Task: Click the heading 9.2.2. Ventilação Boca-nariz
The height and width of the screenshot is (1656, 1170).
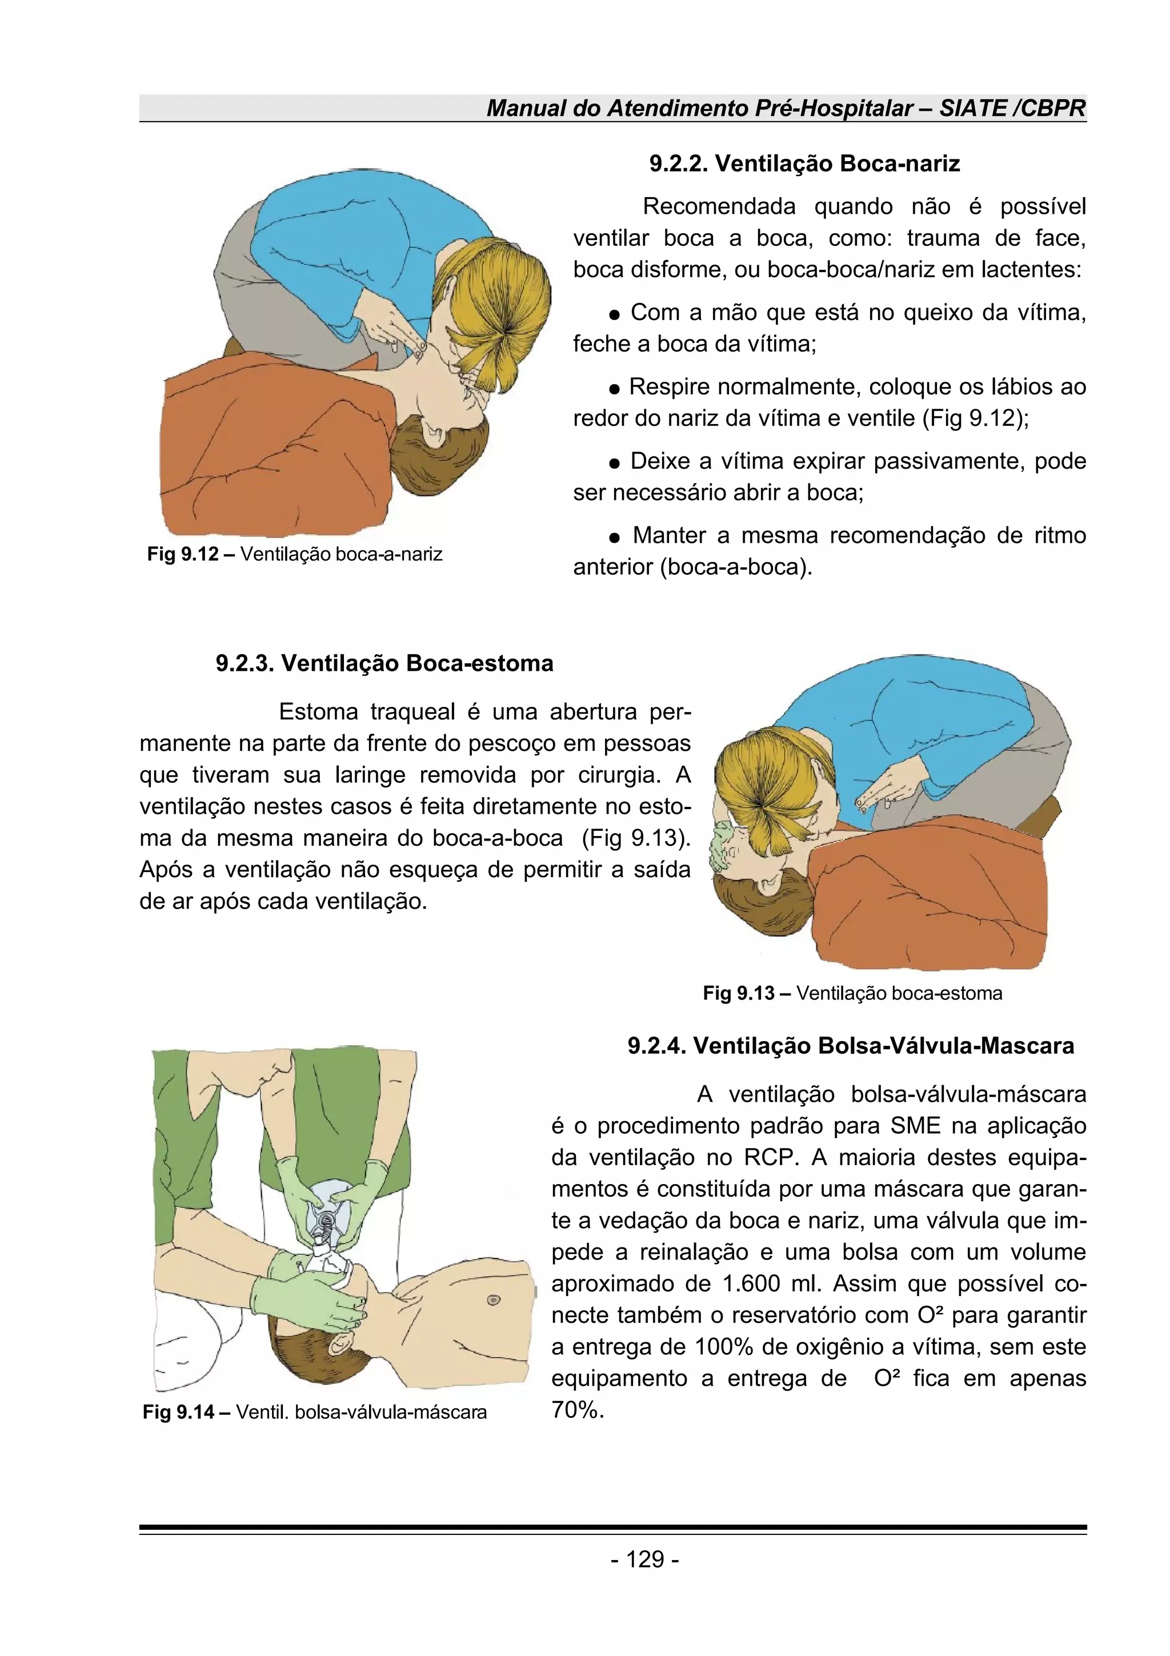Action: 804,164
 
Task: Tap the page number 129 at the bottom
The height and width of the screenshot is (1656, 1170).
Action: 644,1559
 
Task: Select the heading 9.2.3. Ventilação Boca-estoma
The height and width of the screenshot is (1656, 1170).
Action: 384,663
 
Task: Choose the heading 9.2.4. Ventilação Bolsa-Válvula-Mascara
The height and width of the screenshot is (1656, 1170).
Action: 851,1045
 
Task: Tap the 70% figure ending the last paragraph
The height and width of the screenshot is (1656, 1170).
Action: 576,1410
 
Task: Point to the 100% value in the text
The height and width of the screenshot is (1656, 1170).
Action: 724,1347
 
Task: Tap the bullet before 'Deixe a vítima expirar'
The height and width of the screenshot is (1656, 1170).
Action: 614,462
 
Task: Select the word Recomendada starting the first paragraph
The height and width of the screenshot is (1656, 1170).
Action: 718,206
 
